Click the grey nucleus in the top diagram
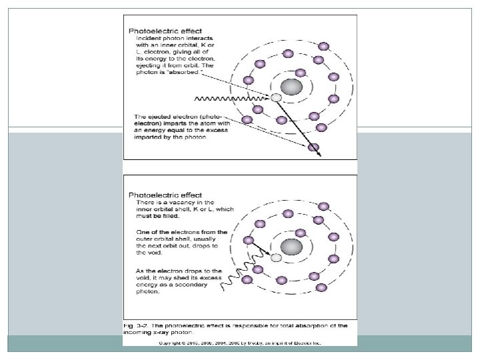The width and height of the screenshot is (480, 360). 291,87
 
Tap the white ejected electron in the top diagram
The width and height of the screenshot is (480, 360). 276,98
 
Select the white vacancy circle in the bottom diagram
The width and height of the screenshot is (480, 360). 276,257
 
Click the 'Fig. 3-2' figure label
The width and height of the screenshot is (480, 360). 135,325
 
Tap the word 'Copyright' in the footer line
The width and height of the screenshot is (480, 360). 172,343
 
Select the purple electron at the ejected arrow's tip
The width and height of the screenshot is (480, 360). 313,147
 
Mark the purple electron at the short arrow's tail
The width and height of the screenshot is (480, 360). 249,241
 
